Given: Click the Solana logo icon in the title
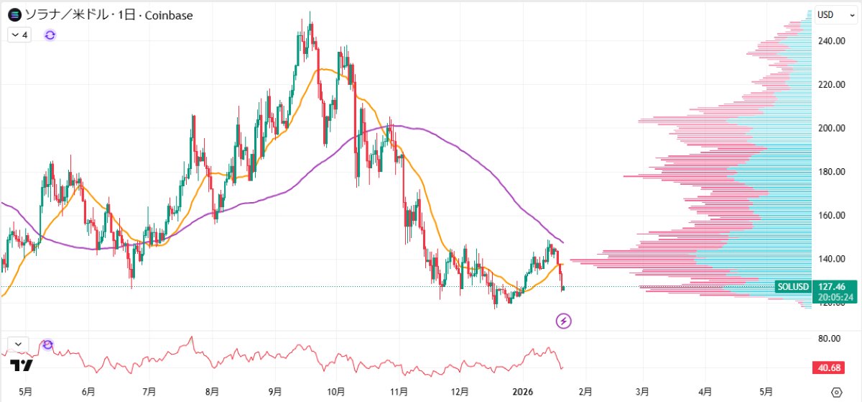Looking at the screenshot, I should click(14, 14).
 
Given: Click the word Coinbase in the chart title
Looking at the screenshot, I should click(169, 15).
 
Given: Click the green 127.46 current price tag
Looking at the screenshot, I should click(832, 285).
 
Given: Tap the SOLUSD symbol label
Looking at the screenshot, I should click(793, 287).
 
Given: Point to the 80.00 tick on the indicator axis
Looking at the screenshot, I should click(829, 338).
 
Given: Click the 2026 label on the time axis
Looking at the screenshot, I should click(524, 392).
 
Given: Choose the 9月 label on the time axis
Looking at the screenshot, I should click(274, 392).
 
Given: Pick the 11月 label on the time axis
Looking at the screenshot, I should click(399, 392).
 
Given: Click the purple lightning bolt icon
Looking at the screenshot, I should click(564, 321).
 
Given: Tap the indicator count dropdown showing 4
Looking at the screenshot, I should click(19, 35).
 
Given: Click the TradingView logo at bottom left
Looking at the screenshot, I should click(22, 365).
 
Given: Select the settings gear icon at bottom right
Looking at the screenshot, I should click(835, 392).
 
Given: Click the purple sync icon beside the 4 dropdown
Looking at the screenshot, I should click(50, 35).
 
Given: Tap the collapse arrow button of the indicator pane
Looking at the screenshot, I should click(17, 344).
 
